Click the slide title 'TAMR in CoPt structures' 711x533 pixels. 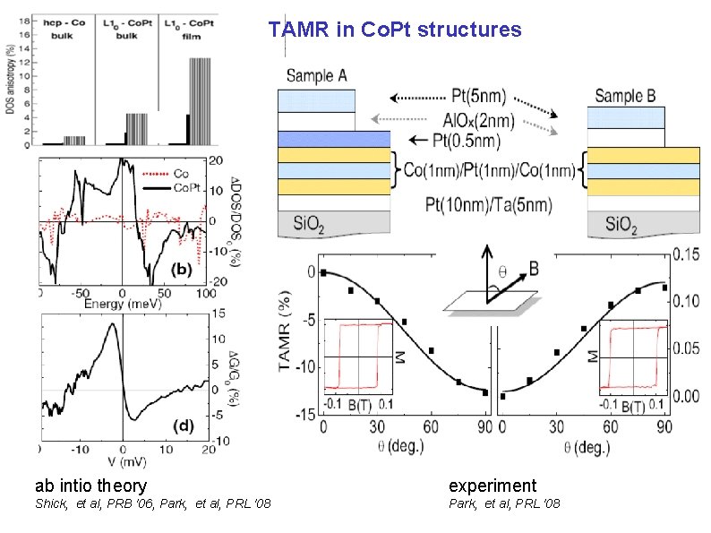394,30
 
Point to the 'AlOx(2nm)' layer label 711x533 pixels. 473,116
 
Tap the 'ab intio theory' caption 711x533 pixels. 90,486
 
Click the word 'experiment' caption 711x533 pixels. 492,486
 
